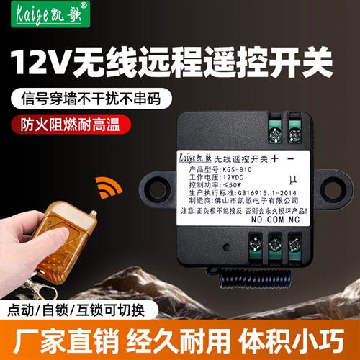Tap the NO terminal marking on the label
click(258, 221)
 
